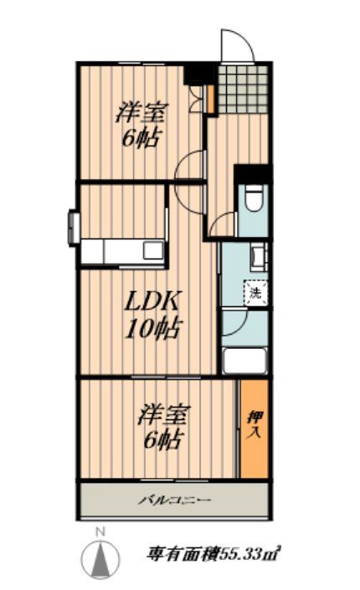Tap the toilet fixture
(254, 202)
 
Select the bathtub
(244, 362)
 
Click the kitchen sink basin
(154, 250)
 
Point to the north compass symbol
(100, 558)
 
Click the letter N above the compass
(100, 532)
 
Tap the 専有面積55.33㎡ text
(213, 553)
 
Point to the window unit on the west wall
(73, 227)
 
